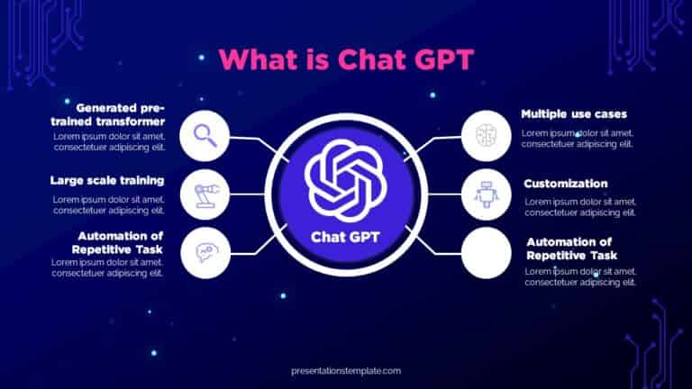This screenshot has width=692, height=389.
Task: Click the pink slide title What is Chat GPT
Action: [x=346, y=59]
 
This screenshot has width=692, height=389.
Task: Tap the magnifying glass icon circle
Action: [x=205, y=137]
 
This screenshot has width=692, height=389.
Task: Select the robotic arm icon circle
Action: [x=205, y=194]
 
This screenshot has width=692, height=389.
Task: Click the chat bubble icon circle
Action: [x=205, y=253]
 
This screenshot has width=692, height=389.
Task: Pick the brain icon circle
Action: [x=486, y=137]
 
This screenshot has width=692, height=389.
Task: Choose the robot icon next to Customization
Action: [x=486, y=194]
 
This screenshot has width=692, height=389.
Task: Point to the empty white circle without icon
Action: [x=486, y=253]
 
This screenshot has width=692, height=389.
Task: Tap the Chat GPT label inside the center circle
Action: [x=346, y=237]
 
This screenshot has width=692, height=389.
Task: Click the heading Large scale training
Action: [x=106, y=180]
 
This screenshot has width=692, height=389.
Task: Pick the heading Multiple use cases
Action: [x=574, y=114]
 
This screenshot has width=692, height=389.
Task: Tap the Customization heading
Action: [x=566, y=184]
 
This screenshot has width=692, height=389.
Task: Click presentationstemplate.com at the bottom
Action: [x=346, y=370]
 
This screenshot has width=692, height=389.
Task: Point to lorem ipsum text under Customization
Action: [x=580, y=207]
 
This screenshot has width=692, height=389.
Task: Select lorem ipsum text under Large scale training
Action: [x=108, y=204]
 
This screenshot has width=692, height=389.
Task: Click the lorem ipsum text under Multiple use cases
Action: [x=578, y=138]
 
